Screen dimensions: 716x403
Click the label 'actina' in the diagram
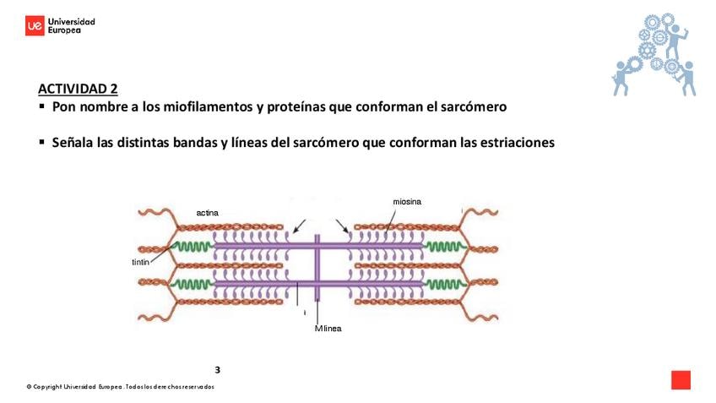[207, 213]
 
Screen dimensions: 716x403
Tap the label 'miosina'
[407, 201]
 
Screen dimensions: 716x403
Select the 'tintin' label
[140, 263]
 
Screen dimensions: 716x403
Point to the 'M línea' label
[328, 328]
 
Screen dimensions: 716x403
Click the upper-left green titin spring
[193, 247]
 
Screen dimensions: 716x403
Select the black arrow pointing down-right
[342, 226]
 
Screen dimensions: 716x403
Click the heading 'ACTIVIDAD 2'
[78, 89]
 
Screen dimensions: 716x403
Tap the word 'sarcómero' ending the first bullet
[475, 107]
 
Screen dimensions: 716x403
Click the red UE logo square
[35, 26]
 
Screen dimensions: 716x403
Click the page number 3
[217, 369]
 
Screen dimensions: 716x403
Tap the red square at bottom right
[681, 380]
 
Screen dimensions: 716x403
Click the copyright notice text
[120, 387]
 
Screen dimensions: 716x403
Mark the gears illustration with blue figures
[655, 53]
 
